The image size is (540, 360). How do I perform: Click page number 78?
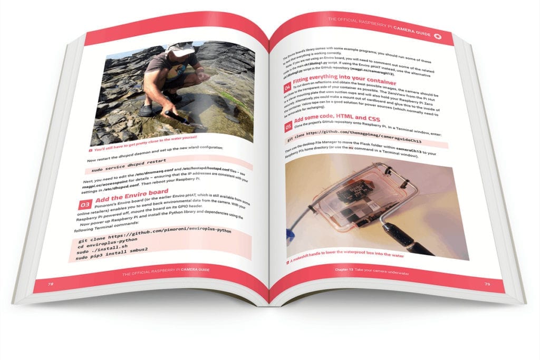pos(51,283)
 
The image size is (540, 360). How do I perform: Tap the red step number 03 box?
pos(84,203)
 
